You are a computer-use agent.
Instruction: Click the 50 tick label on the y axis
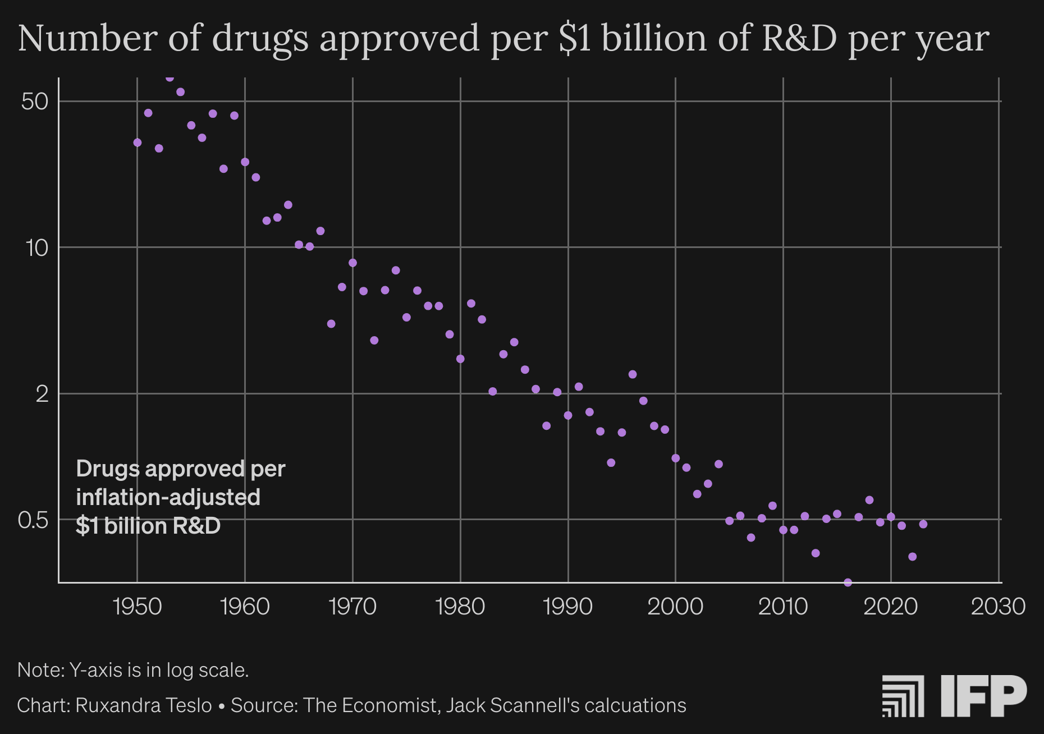[x=35, y=102]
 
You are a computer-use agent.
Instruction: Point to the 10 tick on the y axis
[x=37, y=247]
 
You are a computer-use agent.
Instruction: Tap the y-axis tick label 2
[x=42, y=394]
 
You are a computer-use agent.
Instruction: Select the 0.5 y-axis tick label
[x=33, y=520]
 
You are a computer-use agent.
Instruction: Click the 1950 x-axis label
[x=138, y=607]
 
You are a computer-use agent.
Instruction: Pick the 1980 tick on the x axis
[x=460, y=607]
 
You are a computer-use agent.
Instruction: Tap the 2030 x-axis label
[x=998, y=607]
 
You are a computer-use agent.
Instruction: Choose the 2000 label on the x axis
[x=675, y=607]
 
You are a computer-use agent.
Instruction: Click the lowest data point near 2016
[x=848, y=582]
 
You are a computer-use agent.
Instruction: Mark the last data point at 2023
[x=923, y=524]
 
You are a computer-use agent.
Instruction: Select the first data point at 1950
[x=138, y=143]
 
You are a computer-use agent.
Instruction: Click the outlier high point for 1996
[x=633, y=374]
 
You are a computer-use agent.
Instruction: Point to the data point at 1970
[x=352, y=263]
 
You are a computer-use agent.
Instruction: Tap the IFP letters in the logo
[x=983, y=696]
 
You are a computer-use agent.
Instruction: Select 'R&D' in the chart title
[x=799, y=38]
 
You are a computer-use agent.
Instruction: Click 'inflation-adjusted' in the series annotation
[x=168, y=497]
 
